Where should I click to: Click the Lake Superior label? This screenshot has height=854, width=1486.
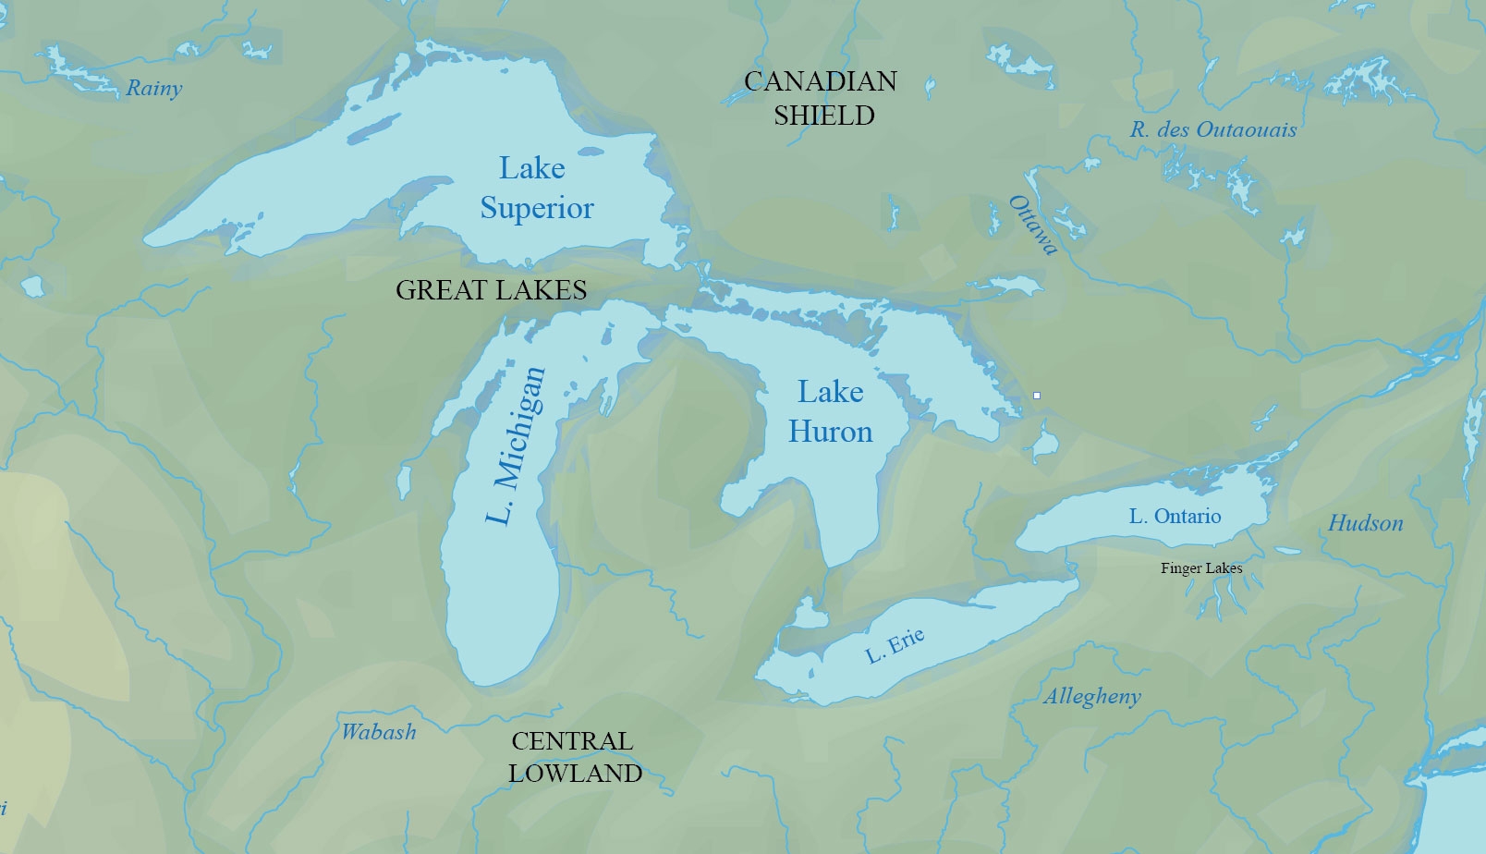coord(535,189)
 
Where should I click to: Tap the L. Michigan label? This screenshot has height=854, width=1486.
coord(516,445)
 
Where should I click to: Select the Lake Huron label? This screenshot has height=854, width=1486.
coord(830,412)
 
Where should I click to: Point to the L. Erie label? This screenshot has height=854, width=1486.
coord(895,645)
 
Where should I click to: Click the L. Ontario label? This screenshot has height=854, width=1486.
coord(1175,517)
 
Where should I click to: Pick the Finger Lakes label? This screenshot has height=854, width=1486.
coord(1200,568)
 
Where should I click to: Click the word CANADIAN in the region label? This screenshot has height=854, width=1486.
coord(821,81)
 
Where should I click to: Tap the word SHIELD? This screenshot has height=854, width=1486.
coord(823,116)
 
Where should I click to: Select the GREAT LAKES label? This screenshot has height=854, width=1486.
coord(491,290)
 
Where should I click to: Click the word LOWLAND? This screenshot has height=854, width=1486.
coord(575,774)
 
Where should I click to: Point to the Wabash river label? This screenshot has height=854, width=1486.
coord(379,732)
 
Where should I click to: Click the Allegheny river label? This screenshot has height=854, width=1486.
coord(1092,697)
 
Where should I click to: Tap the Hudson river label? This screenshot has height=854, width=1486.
coord(1365,523)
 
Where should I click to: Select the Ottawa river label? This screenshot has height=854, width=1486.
coord(1032,225)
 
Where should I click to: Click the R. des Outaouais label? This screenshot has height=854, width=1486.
coord(1212,130)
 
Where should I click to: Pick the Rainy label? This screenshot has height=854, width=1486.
coord(153,89)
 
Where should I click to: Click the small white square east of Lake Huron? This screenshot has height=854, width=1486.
coord(1037,396)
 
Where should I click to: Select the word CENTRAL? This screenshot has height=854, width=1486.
coord(572,741)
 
